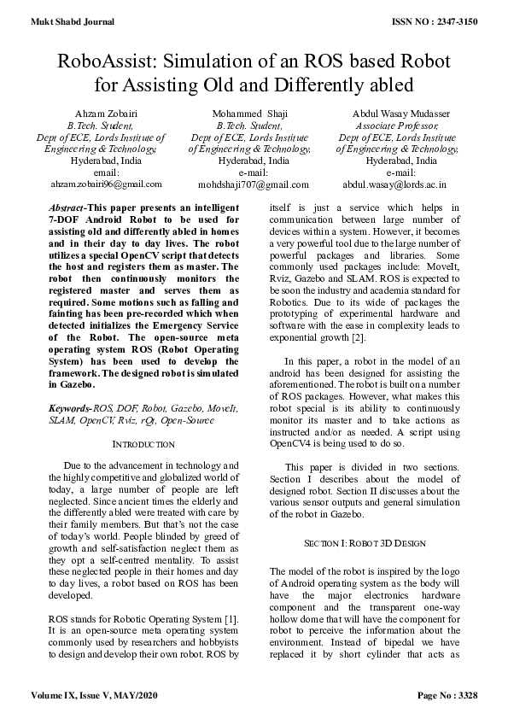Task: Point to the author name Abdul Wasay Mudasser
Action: (x=401, y=114)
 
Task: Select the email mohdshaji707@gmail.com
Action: (x=254, y=184)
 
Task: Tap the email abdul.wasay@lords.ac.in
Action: (x=394, y=184)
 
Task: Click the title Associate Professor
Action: (x=395, y=125)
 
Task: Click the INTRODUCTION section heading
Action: (x=143, y=444)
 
